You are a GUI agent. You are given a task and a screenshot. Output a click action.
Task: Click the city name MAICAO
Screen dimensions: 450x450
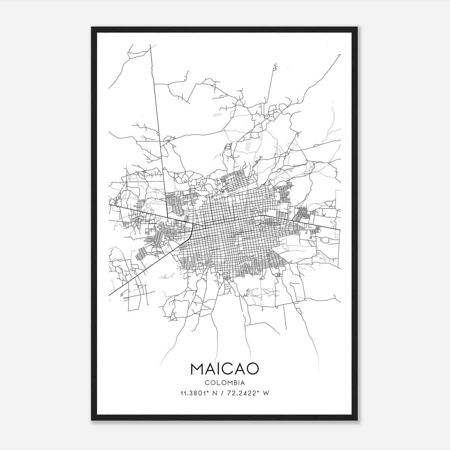[224, 369]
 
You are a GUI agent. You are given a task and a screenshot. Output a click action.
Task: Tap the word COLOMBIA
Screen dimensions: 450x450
[224, 383]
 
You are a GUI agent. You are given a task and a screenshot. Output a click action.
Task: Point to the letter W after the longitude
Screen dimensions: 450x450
[266, 393]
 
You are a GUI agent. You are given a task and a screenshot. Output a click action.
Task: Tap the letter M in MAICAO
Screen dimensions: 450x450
[198, 369]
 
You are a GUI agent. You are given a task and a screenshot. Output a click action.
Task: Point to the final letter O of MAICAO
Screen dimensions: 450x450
[252, 369]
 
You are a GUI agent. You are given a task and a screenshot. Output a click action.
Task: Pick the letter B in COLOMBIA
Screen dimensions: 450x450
[235, 383]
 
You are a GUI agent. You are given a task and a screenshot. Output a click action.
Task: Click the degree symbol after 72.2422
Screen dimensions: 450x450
[258, 392]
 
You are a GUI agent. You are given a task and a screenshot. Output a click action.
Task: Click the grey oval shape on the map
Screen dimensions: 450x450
[217, 114]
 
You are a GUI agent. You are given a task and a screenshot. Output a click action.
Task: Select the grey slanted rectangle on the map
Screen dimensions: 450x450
[247, 146]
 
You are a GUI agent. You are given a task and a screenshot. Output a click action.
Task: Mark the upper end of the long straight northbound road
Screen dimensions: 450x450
[150, 45]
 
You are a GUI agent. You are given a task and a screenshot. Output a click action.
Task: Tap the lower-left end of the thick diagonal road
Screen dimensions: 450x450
[109, 295]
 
